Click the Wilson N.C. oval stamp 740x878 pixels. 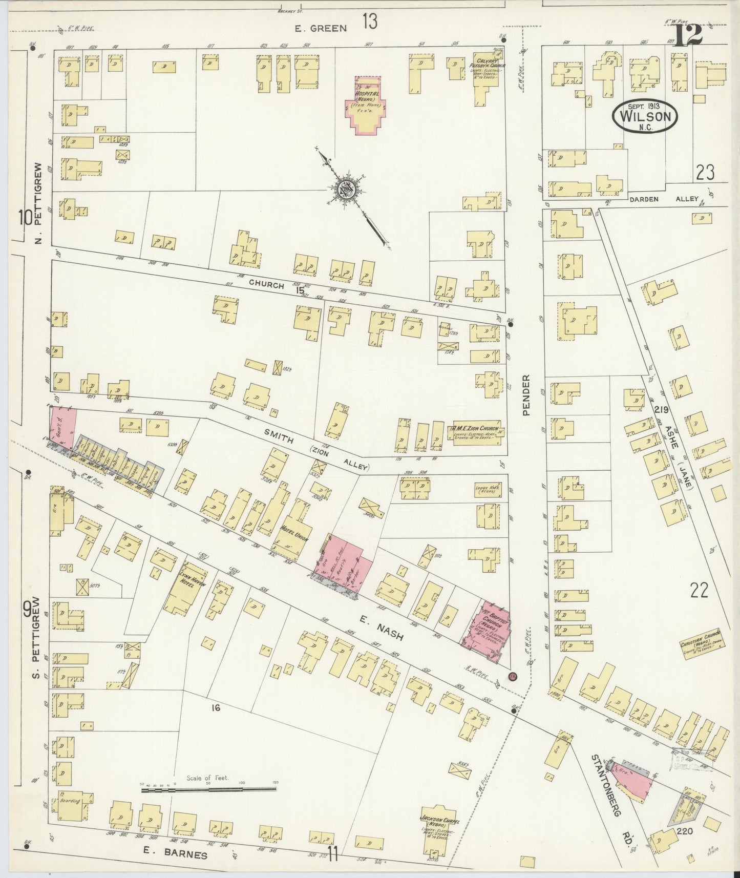pyautogui.click(x=645, y=117)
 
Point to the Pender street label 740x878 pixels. pyautogui.click(x=526, y=395)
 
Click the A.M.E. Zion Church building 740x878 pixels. pyautogui.click(x=476, y=433)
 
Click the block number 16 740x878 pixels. pyautogui.click(x=216, y=707)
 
